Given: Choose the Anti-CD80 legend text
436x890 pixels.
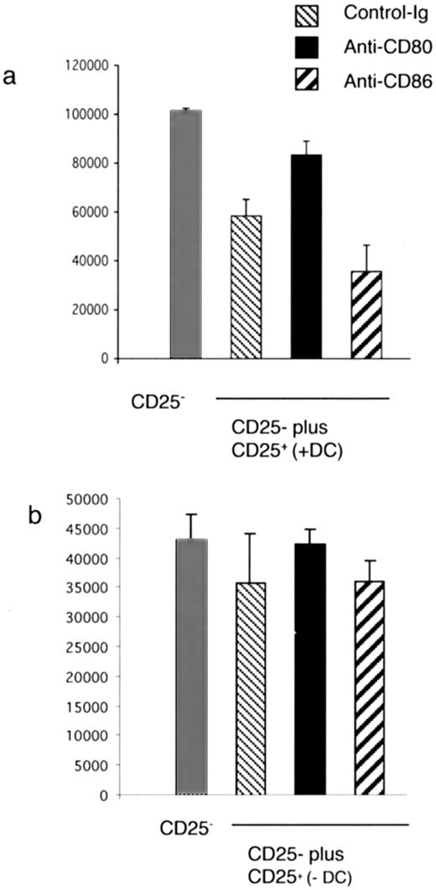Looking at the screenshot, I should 374,48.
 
